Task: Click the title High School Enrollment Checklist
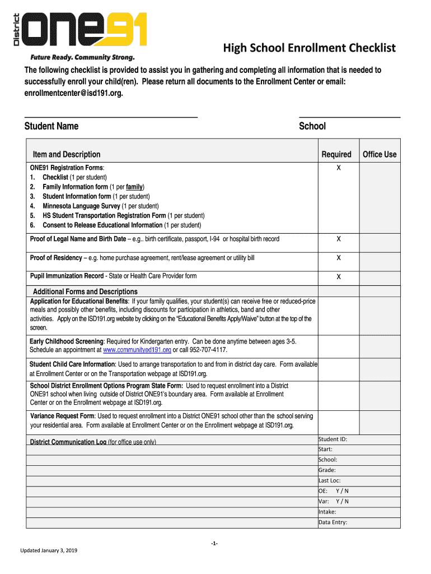pos(310,48)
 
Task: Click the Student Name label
pos(51,126)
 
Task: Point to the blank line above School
pos(349,117)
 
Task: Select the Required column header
pos(336,154)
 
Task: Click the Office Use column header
pos(380,154)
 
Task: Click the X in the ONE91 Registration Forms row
pos(339,168)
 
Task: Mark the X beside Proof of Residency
pos(339,258)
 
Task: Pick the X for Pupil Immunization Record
pos(339,277)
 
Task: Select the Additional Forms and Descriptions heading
pos(85,291)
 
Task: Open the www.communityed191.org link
pos(137,349)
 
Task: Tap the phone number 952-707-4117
pos(208,349)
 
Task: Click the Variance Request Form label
pos(62,416)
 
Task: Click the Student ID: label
pos(333,439)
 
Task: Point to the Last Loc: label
pos(330,480)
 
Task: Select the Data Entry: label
pos(333,522)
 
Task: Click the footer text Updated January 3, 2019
pos(49,550)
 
